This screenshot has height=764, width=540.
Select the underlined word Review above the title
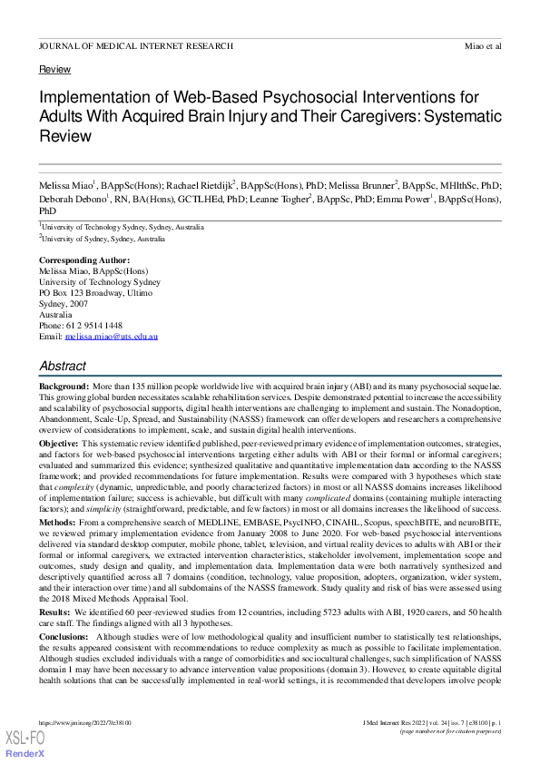(55, 70)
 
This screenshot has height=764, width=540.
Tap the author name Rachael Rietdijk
(196, 185)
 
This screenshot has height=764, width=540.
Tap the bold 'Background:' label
(62, 387)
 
